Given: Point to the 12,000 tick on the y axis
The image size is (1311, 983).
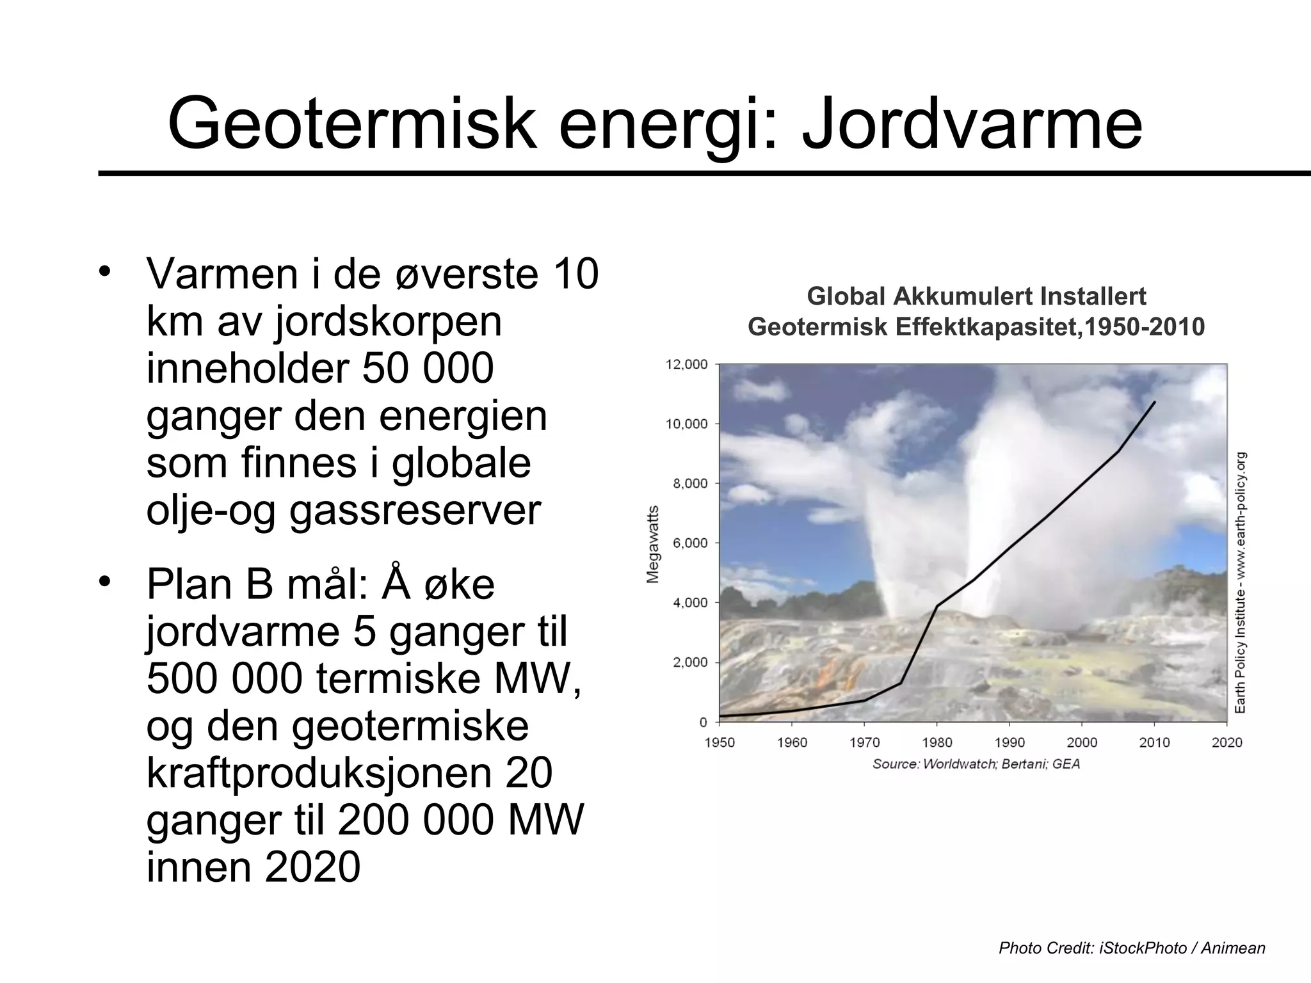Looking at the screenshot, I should pyautogui.click(x=687, y=365).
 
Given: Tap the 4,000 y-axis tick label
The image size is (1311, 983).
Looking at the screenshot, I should pyautogui.click(x=690, y=603).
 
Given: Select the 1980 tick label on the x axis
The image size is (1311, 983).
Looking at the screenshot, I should pyautogui.click(x=937, y=742).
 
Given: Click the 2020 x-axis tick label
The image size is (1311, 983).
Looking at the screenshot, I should pyautogui.click(x=1227, y=742).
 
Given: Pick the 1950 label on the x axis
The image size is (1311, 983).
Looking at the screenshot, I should pyautogui.click(x=720, y=742).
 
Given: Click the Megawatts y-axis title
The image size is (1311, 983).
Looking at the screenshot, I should pyautogui.click(x=653, y=544).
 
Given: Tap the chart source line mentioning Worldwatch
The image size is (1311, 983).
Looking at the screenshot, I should pyautogui.click(x=976, y=764).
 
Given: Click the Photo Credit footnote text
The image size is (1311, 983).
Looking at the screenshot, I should pyautogui.click(x=1132, y=948).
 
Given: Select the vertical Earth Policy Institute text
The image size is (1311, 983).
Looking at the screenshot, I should pyautogui.click(x=1240, y=582).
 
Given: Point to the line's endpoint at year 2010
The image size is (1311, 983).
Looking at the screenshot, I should pyautogui.click(x=1155, y=402).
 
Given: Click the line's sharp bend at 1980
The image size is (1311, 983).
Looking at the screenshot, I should pyautogui.click(x=937, y=605).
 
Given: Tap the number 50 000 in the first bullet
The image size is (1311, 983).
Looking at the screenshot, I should pyautogui.click(x=428, y=369).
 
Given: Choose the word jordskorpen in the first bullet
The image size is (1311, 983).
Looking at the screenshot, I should pyautogui.click(x=389, y=322).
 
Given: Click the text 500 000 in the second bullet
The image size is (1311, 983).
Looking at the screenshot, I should pyautogui.click(x=224, y=680).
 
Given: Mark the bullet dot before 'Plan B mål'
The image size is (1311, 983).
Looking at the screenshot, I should pyautogui.click(x=105, y=581).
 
